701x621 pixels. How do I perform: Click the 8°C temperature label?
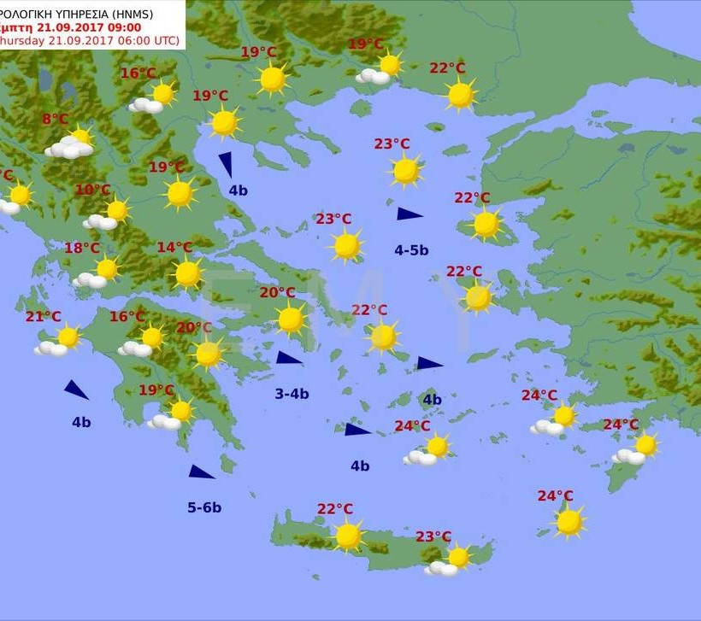55,120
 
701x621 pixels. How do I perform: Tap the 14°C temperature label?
174,248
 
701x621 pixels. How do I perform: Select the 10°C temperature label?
93,190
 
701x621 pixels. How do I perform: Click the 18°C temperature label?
82,249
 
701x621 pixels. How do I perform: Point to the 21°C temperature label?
43,317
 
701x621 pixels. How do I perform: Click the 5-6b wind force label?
204,507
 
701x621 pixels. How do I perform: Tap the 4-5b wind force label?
411,250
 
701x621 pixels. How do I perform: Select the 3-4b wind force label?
292,394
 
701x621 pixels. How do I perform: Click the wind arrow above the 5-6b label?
201,472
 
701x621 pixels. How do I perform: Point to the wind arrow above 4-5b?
409,214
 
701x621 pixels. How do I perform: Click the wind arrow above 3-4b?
288,358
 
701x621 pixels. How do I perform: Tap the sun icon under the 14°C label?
187,273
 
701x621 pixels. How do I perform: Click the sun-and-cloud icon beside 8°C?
72,144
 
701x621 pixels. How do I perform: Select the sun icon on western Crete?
348,536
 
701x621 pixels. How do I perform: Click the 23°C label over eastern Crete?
433,536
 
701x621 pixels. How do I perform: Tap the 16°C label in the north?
138,73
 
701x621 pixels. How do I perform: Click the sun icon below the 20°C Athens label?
291,319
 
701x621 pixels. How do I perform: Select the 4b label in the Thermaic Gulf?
238,190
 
